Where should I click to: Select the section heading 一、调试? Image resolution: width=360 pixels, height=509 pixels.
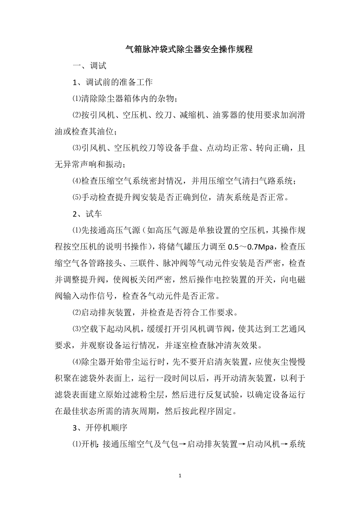89,66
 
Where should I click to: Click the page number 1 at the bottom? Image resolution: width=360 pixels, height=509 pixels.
180,476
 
